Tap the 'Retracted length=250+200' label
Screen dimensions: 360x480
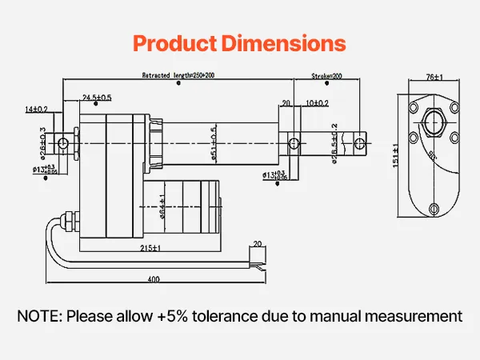[x=178, y=75]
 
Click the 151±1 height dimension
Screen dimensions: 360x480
[x=395, y=151]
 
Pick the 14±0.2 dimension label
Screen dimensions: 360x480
[x=36, y=108]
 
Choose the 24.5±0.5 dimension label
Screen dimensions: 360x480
[x=97, y=98]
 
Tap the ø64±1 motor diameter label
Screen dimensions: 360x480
[x=162, y=206]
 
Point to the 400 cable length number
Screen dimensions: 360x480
[x=153, y=280]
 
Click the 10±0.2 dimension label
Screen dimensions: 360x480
[x=317, y=103]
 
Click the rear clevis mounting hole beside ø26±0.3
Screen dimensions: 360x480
[x=62, y=143]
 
